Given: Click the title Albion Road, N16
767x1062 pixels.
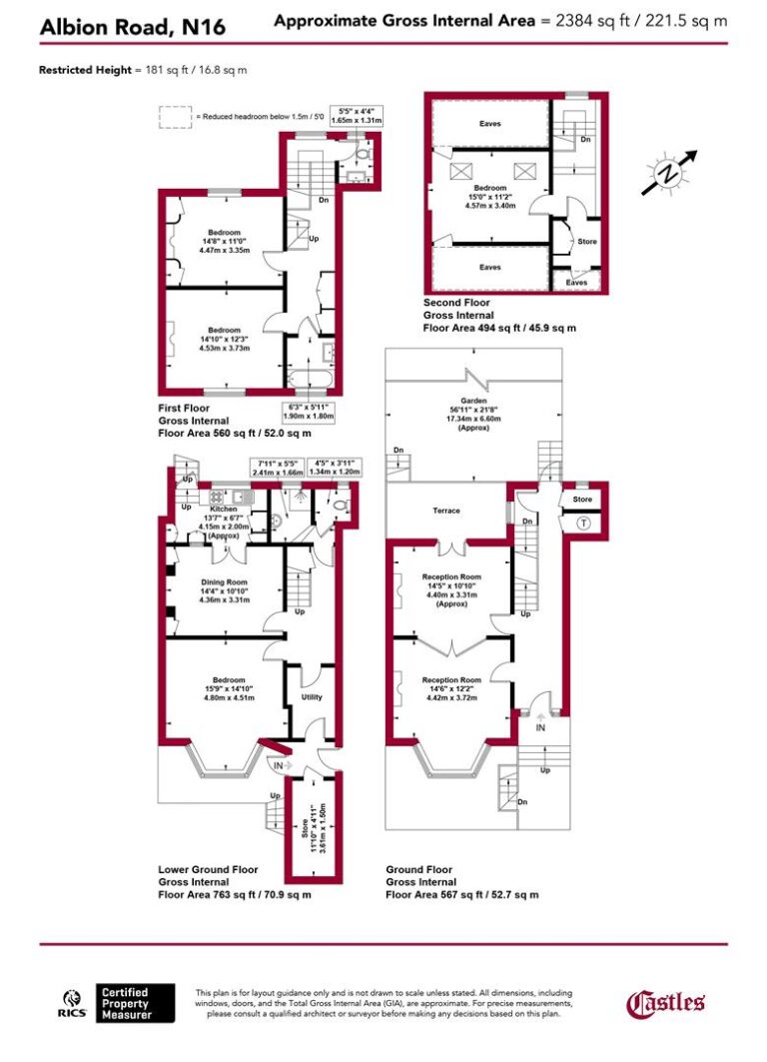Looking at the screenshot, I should pos(132,29).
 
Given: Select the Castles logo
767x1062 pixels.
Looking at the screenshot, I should pos(666,1002).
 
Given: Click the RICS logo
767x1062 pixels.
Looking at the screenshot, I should pos(73,1002).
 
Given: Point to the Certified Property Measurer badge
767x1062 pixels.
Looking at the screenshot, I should pos(136,1003).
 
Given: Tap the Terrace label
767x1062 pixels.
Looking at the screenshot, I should pos(446,511).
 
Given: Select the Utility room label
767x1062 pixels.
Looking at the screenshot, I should pos(312,696).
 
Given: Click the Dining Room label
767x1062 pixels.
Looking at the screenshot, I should pos(219,581).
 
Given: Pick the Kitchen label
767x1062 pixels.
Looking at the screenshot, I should pos(223,508).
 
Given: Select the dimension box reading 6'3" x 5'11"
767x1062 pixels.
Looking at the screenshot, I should pos(310,412).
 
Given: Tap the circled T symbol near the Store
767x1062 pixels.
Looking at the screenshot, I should pos(584,521).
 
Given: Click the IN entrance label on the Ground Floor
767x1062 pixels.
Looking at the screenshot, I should pos(540,729).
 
